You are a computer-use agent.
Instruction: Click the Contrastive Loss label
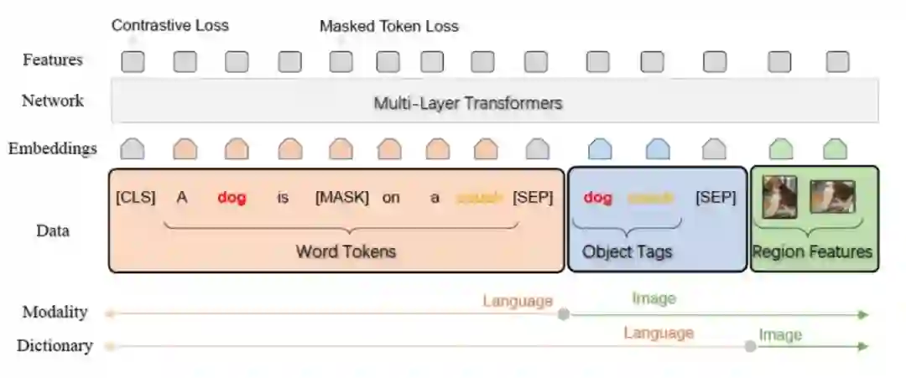(169, 25)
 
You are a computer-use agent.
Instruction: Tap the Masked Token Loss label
(388, 26)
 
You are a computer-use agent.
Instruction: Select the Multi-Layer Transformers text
(467, 104)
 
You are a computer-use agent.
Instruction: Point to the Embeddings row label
(52, 149)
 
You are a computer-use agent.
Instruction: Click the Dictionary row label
(55, 345)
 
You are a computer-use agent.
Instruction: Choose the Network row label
(52, 101)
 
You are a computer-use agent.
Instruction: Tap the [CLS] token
(135, 199)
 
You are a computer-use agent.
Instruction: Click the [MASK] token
(341, 199)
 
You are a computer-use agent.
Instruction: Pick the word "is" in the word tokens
(283, 199)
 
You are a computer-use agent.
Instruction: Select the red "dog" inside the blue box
(597, 199)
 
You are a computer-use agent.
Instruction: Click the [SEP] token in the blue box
(716, 199)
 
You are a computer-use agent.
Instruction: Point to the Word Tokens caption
(345, 251)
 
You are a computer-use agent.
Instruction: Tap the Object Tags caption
(627, 251)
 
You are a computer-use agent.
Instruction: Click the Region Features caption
(812, 251)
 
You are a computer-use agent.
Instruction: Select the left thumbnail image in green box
(779, 198)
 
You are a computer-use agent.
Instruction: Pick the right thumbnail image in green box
(832, 197)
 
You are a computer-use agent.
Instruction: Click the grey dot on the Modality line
(564, 314)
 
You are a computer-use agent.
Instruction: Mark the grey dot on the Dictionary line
(750, 346)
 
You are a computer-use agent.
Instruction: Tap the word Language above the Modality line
(518, 301)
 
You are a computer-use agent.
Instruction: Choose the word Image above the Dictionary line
(780, 335)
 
